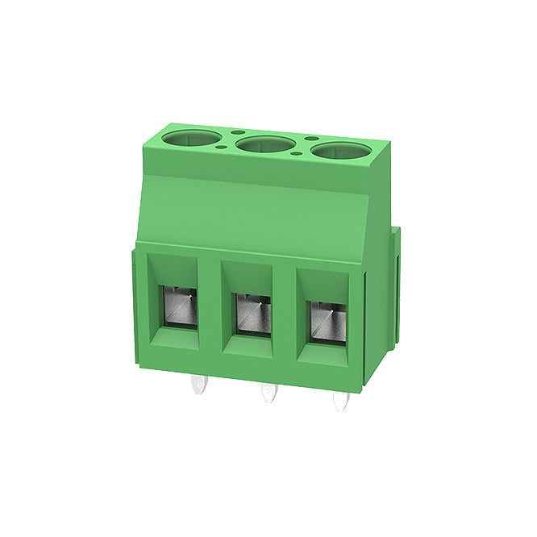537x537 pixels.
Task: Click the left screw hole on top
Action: [x=190, y=138]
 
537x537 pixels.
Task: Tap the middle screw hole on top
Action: [x=264, y=144]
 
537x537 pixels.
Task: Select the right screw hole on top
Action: [x=339, y=150]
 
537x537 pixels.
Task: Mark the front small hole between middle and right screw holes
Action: [x=300, y=154]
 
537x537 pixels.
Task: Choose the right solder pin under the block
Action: [x=341, y=401]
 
